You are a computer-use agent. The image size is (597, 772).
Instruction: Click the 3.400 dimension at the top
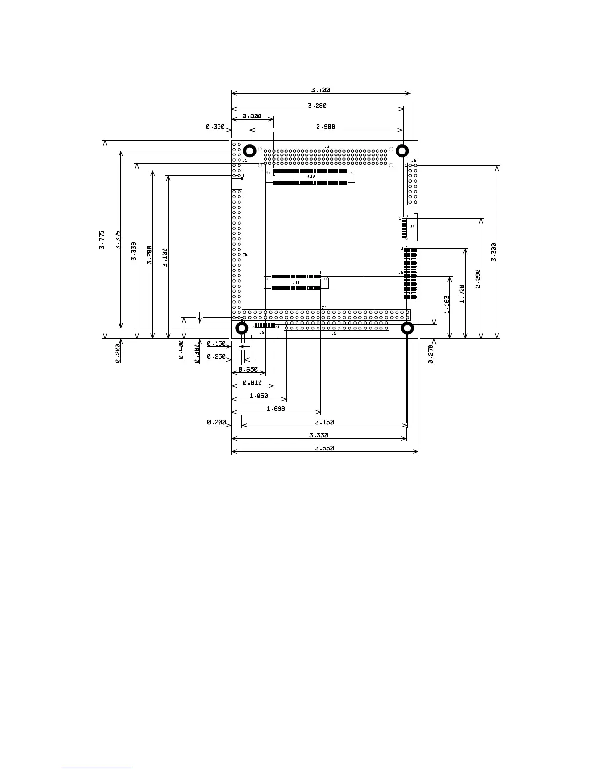(320, 90)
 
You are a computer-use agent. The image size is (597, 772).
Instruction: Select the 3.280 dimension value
(318, 105)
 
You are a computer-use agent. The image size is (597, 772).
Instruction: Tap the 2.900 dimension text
(326, 127)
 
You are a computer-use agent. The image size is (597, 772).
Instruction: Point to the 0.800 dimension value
(252, 116)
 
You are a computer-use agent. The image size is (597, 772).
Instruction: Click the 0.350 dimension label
(215, 127)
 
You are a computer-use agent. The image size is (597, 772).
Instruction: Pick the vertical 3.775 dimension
(102, 240)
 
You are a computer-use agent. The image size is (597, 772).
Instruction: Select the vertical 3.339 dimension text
(134, 251)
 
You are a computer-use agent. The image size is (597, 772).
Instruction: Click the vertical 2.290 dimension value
(478, 279)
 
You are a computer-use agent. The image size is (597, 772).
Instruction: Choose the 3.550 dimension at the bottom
(324, 448)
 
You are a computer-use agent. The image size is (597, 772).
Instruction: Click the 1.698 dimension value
(276, 409)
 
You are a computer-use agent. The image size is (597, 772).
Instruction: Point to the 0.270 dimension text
(431, 355)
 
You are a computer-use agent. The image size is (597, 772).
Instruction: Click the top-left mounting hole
(249, 151)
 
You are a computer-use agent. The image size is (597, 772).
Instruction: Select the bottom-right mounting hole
(407, 328)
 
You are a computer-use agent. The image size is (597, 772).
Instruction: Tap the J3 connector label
(327, 146)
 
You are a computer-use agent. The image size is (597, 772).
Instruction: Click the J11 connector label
(296, 282)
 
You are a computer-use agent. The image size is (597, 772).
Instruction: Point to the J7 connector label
(412, 226)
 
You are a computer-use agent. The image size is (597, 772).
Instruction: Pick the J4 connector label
(245, 255)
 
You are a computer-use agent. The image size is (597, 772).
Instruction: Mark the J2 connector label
(334, 333)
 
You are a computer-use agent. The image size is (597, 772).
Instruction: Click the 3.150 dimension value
(324, 422)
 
